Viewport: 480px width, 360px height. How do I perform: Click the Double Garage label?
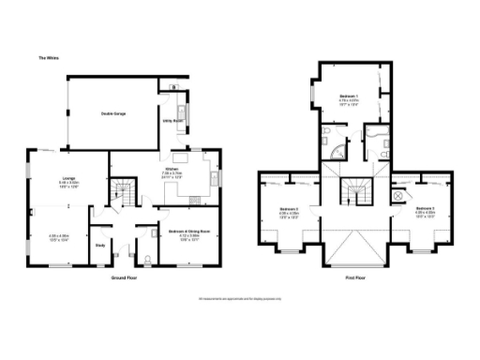click(x=114, y=112)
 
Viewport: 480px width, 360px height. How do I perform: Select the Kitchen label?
click(x=172, y=172)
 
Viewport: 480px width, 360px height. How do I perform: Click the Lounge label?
click(x=68, y=178)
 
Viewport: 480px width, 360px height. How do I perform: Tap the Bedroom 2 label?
click(x=290, y=208)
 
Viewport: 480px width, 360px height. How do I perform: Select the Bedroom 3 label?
click(x=425, y=208)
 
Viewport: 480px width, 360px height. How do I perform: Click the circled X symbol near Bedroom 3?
click(x=397, y=195)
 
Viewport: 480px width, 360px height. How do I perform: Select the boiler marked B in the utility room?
click(x=174, y=88)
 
